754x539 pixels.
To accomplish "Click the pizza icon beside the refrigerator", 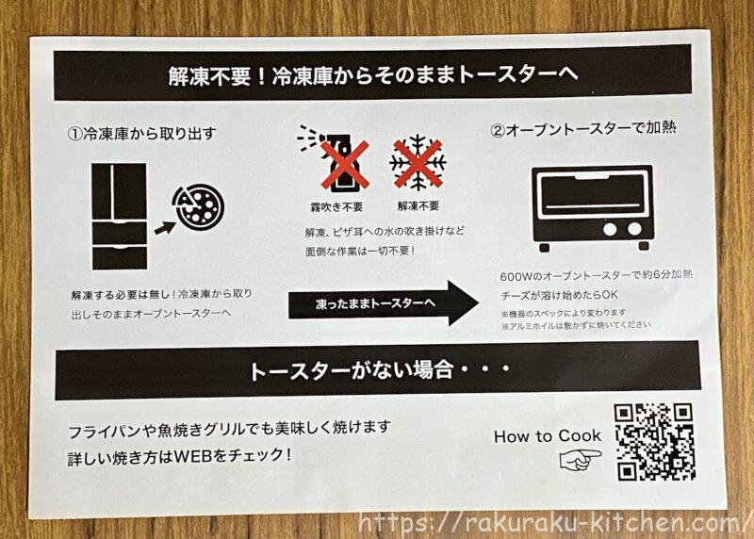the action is click(x=199, y=206).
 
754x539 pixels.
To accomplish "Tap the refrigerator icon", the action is click(x=120, y=217).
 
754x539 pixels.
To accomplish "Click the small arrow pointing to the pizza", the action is click(x=165, y=227).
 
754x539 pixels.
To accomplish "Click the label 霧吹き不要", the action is click(x=336, y=207).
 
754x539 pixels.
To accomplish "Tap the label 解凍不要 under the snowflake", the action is click(x=418, y=206).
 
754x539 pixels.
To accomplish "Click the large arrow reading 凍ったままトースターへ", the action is click(x=384, y=303).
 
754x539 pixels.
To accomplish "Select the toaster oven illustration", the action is click(x=592, y=207).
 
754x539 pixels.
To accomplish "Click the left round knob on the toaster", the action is click(x=610, y=229).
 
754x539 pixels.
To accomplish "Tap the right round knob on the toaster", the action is click(x=634, y=229).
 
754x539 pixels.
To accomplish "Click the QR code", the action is click(x=654, y=442).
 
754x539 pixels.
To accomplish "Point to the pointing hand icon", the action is click(x=581, y=460).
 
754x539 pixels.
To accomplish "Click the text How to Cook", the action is click(x=548, y=436).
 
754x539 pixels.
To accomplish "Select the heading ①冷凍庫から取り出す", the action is click(x=141, y=133).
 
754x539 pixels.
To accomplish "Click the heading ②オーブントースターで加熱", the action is click(x=583, y=129).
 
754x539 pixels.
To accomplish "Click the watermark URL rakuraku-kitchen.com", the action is click(x=552, y=523).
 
